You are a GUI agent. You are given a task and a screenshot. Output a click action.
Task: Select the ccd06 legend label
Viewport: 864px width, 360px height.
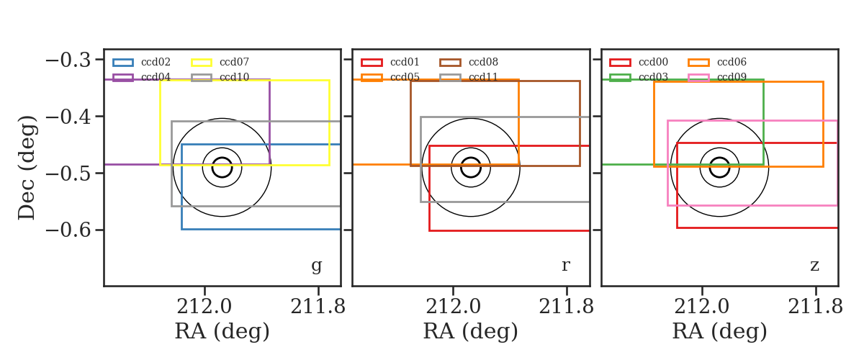click(732, 62)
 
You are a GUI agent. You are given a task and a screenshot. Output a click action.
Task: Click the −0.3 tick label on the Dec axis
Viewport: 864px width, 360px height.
click(68, 60)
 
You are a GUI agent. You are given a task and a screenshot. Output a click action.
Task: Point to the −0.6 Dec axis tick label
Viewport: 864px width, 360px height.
click(68, 230)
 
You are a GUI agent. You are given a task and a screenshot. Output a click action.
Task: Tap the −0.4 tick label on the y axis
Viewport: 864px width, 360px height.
click(68, 117)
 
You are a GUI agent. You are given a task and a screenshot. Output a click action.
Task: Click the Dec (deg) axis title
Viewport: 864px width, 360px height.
click(27, 168)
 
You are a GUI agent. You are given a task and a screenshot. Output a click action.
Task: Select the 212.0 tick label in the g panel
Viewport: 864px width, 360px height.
click(204, 307)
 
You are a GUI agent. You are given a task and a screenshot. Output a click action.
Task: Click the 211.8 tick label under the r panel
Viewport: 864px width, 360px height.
click(566, 307)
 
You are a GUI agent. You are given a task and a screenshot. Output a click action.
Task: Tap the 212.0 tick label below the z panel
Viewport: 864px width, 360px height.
click(701, 307)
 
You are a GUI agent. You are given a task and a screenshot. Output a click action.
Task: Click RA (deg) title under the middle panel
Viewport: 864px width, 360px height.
click(471, 331)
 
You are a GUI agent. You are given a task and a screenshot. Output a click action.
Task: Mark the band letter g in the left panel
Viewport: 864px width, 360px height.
click(316, 266)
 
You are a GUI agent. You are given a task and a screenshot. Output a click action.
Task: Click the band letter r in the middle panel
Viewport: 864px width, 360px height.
click(565, 265)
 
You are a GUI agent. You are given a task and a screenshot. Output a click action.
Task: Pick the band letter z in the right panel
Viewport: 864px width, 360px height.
click(814, 266)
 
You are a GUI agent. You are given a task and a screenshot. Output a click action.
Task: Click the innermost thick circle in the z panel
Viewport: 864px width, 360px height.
click(719, 158)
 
